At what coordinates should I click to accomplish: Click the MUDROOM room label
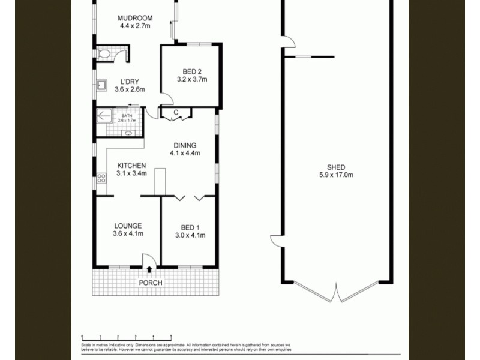tap(135, 18)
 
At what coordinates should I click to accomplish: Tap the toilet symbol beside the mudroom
tap(104, 55)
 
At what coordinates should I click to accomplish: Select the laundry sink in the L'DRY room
tap(101, 85)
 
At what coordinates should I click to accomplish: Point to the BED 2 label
tap(191, 71)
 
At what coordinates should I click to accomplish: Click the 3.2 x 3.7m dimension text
tap(191, 79)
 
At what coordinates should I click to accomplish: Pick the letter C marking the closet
tap(176, 113)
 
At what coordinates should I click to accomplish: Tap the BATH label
tap(127, 115)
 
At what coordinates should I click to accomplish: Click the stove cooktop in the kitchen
tap(101, 178)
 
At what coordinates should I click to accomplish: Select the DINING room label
tap(185, 145)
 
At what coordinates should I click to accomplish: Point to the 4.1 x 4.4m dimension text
tap(185, 153)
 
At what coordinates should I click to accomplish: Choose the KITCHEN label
tap(131, 166)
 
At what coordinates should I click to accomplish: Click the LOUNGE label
tap(128, 226)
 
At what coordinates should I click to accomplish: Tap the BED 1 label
tap(190, 227)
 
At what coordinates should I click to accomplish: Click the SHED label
tap(336, 167)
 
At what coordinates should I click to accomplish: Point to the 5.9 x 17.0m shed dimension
tap(336, 175)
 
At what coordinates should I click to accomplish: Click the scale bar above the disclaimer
tap(127, 337)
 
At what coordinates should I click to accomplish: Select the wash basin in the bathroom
tap(128, 133)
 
